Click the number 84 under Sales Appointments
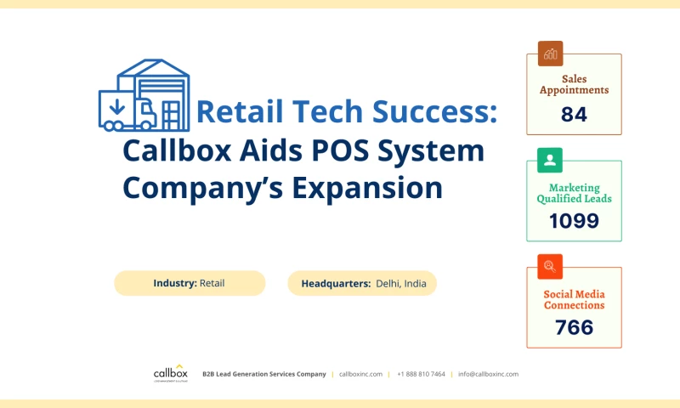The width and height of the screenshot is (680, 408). [x=574, y=114]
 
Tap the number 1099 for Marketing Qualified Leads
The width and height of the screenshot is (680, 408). [x=574, y=221]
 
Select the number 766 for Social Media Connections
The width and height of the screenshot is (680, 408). [x=574, y=327]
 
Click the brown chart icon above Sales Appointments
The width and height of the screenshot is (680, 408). [x=550, y=54]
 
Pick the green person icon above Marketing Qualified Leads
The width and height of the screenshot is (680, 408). [x=550, y=160]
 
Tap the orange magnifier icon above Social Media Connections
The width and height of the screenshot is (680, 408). [x=550, y=266]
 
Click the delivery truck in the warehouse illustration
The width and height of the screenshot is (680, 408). [x=127, y=112]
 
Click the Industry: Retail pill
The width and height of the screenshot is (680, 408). [x=190, y=283]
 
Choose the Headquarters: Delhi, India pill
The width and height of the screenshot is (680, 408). [x=363, y=283]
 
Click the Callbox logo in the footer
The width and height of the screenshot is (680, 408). [x=170, y=373]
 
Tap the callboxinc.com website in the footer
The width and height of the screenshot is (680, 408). [x=360, y=374]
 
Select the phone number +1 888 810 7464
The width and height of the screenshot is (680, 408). [x=421, y=374]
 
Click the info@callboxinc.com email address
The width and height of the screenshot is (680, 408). [x=488, y=374]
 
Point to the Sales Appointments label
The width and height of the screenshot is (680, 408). [x=574, y=84]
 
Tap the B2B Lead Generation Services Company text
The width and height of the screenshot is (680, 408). [x=263, y=374]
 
